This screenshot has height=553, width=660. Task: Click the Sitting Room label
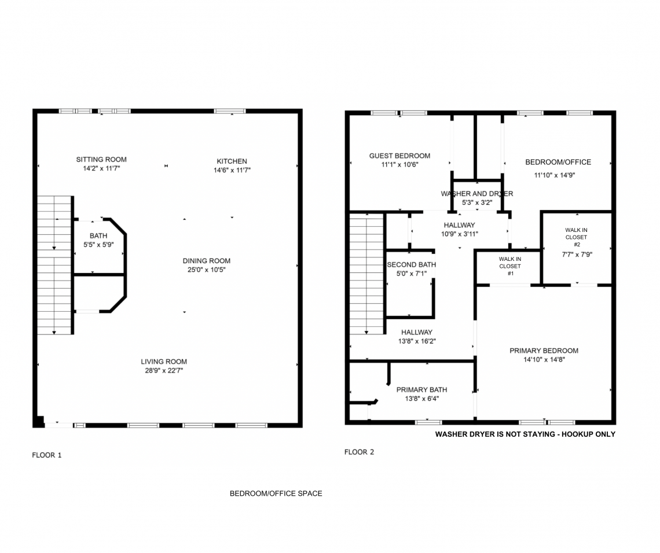pyautogui.click(x=101, y=160)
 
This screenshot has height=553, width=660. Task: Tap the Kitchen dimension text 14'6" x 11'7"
pyautogui.click(x=232, y=170)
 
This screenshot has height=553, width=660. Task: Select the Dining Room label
pyautogui.click(x=207, y=261)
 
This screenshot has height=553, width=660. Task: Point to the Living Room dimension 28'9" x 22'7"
pyautogui.click(x=164, y=370)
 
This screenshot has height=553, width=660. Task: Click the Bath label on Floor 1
pyautogui.click(x=98, y=235)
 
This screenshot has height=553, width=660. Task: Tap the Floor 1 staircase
pyautogui.click(x=55, y=265)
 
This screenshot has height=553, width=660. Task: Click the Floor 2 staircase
pyautogui.click(x=366, y=274)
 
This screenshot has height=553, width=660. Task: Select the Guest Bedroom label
pyautogui.click(x=400, y=156)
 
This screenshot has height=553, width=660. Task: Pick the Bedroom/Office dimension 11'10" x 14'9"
pyautogui.click(x=555, y=175)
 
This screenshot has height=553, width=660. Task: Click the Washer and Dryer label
pyautogui.click(x=477, y=193)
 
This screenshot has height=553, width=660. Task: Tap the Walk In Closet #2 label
pyautogui.click(x=576, y=237)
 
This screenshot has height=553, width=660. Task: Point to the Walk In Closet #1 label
pyautogui.click(x=510, y=266)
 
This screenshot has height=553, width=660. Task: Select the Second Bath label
pyautogui.click(x=412, y=264)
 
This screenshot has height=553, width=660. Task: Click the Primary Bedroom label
pyautogui.click(x=544, y=351)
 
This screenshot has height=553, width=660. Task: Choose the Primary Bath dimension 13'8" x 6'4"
pyautogui.click(x=422, y=399)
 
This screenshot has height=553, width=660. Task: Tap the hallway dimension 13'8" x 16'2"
pyautogui.click(x=417, y=341)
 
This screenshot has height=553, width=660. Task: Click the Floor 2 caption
pyautogui.click(x=359, y=452)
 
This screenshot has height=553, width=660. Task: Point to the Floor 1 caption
pyautogui.click(x=47, y=455)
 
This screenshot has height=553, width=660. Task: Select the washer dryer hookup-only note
pyautogui.click(x=525, y=434)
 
